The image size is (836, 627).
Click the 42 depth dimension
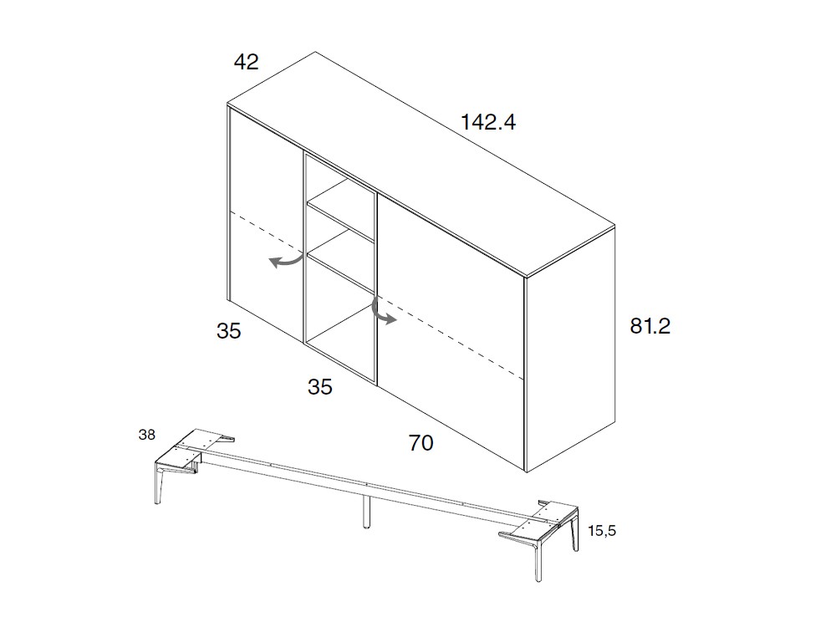point(247,63)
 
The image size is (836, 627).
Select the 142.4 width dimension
point(488,122)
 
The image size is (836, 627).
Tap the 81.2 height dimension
point(650,326)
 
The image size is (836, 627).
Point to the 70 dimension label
point(421,443)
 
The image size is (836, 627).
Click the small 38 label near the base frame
point(146,435)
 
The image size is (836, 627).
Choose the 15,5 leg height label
point(602,531)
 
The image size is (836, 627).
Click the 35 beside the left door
point(229,331)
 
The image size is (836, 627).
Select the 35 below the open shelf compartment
point(320,387)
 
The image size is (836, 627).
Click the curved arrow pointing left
point(286,261)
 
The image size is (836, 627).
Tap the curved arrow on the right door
point(381,312)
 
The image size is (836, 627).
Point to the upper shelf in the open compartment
point(341,210)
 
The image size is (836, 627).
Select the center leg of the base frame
point(366,511)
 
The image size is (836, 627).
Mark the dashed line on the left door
point(265,230)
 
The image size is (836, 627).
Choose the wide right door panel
point(451,330)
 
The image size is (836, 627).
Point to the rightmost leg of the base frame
point(536,560)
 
